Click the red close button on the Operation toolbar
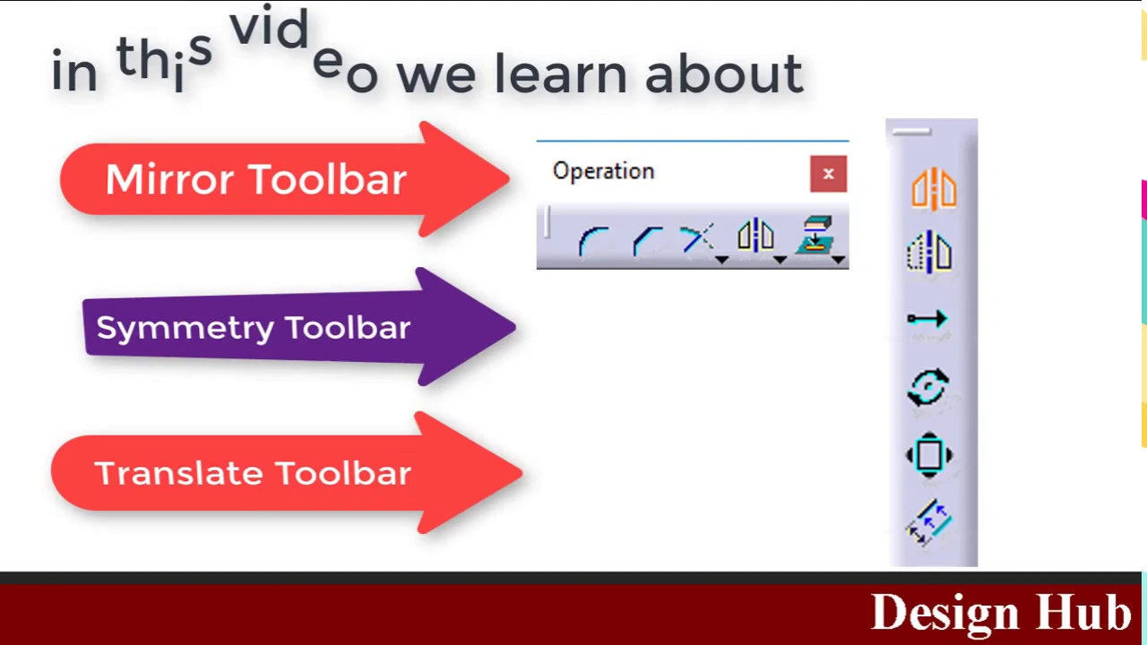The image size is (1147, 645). [x=829, y=174]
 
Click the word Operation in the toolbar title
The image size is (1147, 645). [x=604, y=171]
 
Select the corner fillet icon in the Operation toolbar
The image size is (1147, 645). [x=594, y=241]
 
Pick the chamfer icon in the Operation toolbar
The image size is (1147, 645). [x=648, y=241]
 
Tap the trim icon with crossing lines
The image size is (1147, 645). [x=697, y=238]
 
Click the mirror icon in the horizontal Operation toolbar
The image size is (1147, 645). [x=755, y=235]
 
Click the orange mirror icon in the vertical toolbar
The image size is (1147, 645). [x=934, y=189]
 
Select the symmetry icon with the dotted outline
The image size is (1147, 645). [x=930, y=252]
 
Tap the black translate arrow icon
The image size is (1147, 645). [x=927, y=319]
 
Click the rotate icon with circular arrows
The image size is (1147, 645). [x=927, y=387]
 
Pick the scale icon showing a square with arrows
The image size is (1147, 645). [x=929, y=455]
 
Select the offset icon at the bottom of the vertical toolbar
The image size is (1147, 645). [x=929, y=522]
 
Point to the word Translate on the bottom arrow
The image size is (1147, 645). [x=178, y=472]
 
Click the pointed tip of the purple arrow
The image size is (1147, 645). [x=514, y=327]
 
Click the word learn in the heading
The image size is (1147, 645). [x=560, y=73]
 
